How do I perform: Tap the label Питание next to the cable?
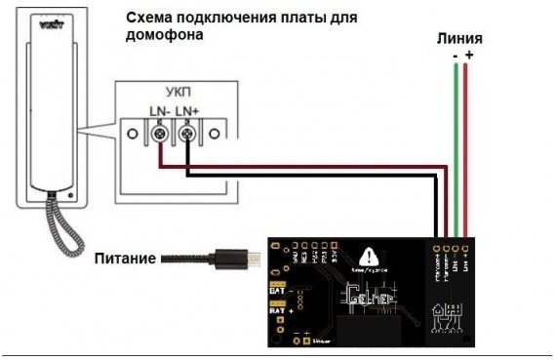(x=126, y=260)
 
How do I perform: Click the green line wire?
(x=455, y=146)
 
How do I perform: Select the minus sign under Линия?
(x=455, y=57)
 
